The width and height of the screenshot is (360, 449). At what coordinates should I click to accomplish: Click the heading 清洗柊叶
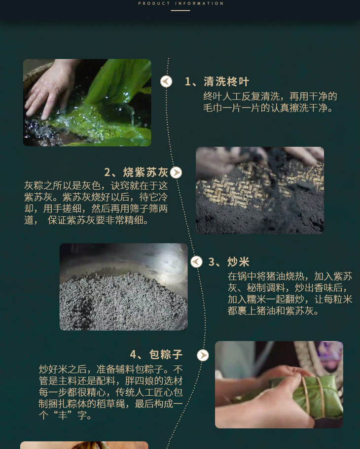(226, 82)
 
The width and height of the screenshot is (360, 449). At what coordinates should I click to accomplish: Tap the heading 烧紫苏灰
(145, 173)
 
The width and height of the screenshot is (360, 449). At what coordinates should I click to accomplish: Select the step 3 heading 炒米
(238, 262)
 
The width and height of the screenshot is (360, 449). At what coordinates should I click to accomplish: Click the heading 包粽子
(166, 354)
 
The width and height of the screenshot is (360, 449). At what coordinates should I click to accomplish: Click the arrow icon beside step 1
(166, 82)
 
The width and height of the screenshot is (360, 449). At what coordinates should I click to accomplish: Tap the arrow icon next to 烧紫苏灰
(176, 173)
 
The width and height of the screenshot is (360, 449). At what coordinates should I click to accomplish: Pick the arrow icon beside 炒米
(196, 262)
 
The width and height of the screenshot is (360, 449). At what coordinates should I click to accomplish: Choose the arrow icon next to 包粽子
(203, 355)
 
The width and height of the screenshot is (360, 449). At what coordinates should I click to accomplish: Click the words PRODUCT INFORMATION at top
(180, 3)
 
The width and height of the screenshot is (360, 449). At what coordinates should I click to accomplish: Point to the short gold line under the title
(180, 10)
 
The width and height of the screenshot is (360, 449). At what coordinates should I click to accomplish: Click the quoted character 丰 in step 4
(63, 415)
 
